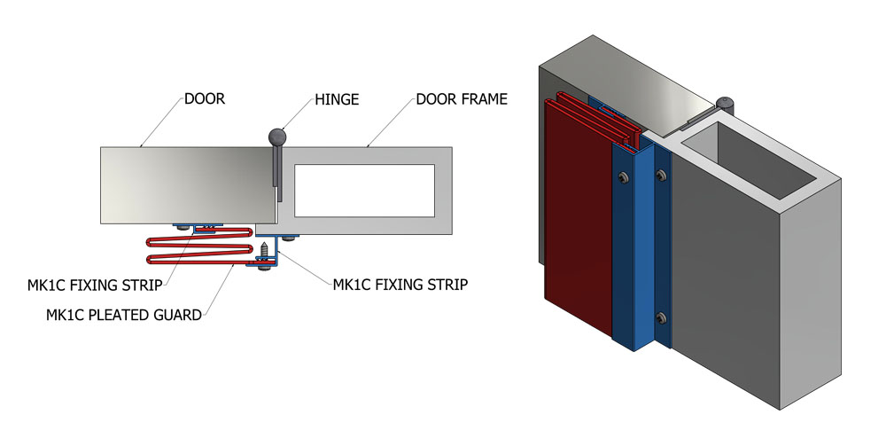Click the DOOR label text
tap(205, 99)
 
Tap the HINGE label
tap(337, 99)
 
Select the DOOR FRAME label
tap(462, 99)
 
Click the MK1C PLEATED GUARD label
tap(124, 315)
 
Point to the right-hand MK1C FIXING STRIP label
tap(400, 285)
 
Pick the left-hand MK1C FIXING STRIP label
tap(95, 285)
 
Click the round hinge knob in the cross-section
tap(277, 137)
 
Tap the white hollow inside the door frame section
tap(364, 191)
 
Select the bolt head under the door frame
tap(288, 238)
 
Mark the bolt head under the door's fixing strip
tap(183, 227)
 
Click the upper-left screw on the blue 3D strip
tap(622, 176)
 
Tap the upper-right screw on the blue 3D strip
tap(661, 176)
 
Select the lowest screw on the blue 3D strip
tap(661, 319)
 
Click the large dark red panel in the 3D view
tap(578, 217)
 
